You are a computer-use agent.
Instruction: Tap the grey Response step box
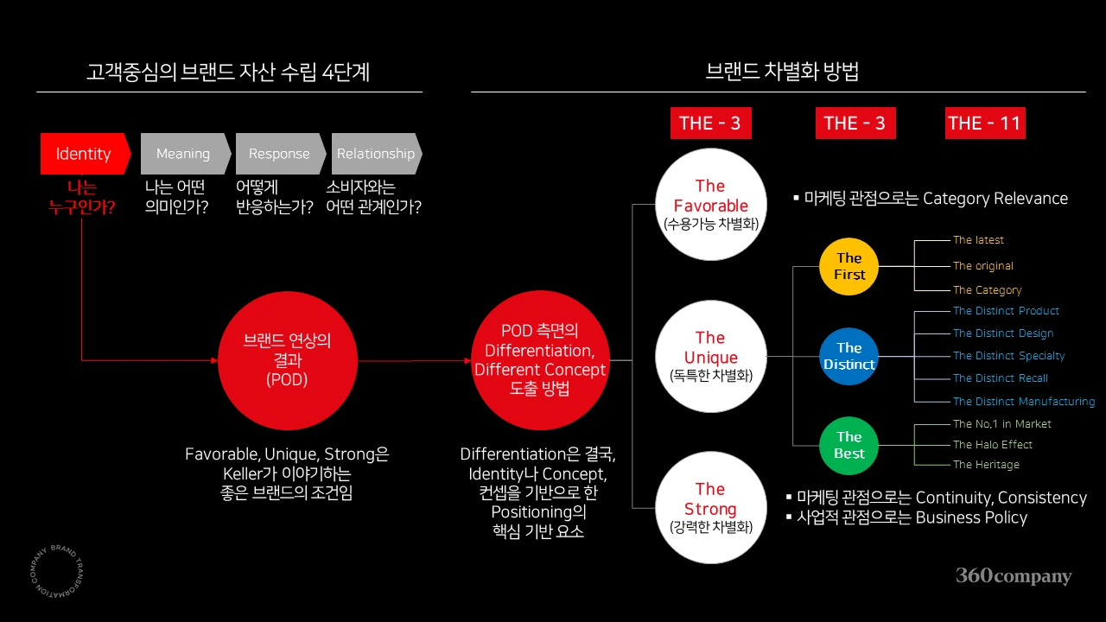[x=281, y=154]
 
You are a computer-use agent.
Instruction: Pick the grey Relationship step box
[x=377, y=154]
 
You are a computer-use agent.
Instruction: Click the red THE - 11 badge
[x=985, y=123]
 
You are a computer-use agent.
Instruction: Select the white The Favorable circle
[x=711, y=205]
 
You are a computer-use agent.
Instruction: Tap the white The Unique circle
[x=711, y=357]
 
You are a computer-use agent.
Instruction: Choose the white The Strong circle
[x=711, y=507]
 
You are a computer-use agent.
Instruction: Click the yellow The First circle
[x=849, y=267]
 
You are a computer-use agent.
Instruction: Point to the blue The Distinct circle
[x=849, y=357]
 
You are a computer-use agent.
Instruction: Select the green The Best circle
[x=849, y=445]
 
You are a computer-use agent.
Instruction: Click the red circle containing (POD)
[x=288, y=360]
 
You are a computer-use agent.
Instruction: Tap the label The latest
[x=978, y=240]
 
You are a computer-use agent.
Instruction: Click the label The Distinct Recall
[x=1001, y=378]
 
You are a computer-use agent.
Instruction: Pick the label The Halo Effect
[x=993, y=444]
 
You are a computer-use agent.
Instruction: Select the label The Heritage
[x=986, y=465]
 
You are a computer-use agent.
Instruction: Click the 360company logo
[x=1014, y=575]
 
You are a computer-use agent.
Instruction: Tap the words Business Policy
[x=971, y=517]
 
